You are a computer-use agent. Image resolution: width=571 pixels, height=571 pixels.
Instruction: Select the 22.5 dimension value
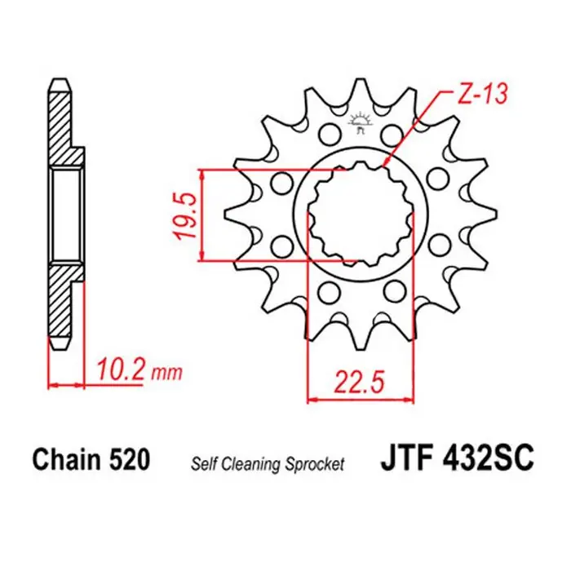(x=358, y=380)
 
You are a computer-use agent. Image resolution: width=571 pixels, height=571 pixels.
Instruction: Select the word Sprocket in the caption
(x=315, y=463)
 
